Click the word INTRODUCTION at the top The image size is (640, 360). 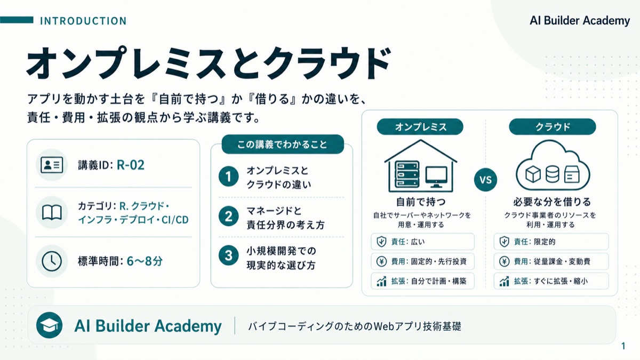click(x=83, y=21)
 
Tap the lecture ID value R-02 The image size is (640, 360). click(x=131, y=165)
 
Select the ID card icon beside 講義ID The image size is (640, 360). click(x=52, y=165)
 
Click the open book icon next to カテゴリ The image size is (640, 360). click(x=52, y=212)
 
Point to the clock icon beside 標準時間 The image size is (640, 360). click(x=52, y=261)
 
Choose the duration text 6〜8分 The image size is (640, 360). click(x=145, y=261)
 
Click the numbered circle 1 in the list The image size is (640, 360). click(x=229, y=177)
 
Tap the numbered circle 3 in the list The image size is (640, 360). click(x=229, y=255)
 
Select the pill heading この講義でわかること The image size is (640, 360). click(x=283, y=145)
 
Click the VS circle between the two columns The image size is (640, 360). click(x=485, y=180)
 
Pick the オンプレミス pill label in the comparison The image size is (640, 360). click(x=420, y=127)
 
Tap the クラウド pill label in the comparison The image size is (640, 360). click(x=553, y=127)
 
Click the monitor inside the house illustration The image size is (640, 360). click(x=436, y=177)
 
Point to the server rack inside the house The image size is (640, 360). click(x=407, y=174)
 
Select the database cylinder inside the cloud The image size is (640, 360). click(x=553, y=174)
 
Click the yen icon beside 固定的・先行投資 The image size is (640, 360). click(x=381, y=261)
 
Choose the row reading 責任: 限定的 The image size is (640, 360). click(x=551, y=242)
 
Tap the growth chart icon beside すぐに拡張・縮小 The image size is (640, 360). click(x=505, y=281)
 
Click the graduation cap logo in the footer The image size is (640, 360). click(x=49, y=325)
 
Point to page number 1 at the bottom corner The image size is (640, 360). click(x=623, y=346)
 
